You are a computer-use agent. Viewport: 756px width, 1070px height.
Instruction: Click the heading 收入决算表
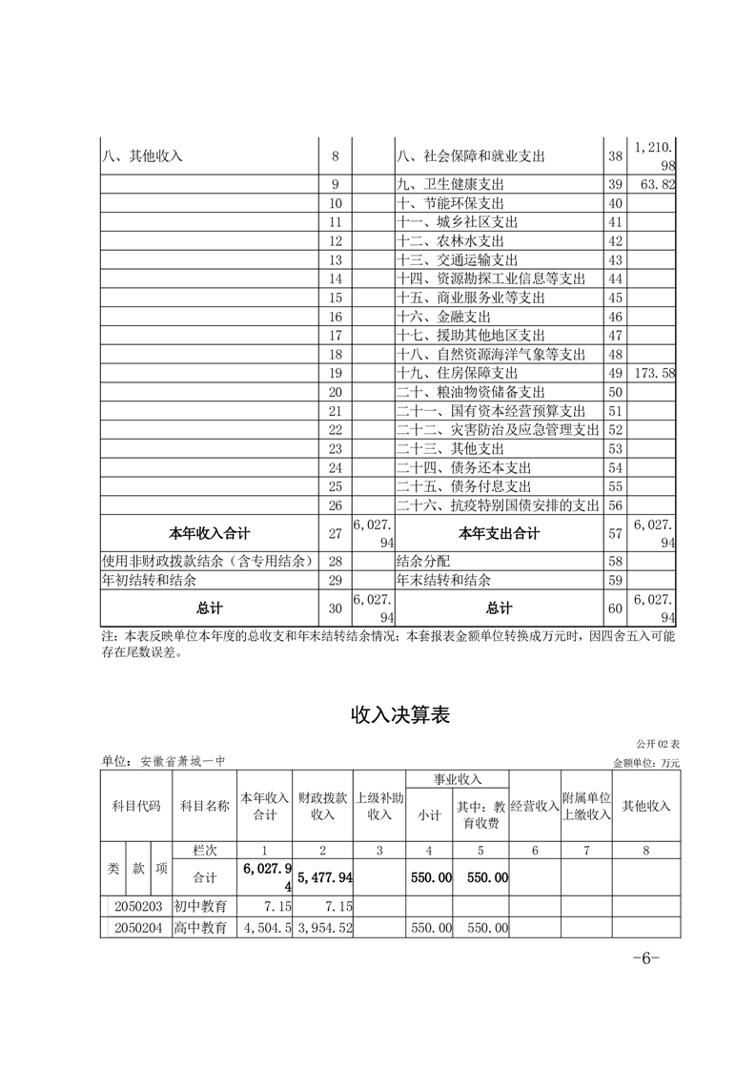click(x=400, y=714)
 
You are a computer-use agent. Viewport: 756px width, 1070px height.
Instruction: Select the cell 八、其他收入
click(x=142, y=155)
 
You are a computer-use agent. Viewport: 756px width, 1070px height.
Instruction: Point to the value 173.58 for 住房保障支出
click(x=652, y=373)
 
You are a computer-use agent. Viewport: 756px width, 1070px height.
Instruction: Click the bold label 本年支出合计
click(x=499, y=533)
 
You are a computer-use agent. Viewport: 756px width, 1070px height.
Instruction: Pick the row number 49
click(x=615, y=373)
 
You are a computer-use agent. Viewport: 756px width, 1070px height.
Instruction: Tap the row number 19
click(x=335, y=373)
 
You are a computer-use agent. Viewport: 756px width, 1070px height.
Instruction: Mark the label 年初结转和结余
click(x=153, y=580)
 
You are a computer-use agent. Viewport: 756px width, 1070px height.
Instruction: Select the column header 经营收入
click(x=534, y=806)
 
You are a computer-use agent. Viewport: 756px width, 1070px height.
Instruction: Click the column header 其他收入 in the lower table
click(x=646, y=806)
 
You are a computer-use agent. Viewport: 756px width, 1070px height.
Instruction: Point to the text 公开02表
click(x=664, y=744)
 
